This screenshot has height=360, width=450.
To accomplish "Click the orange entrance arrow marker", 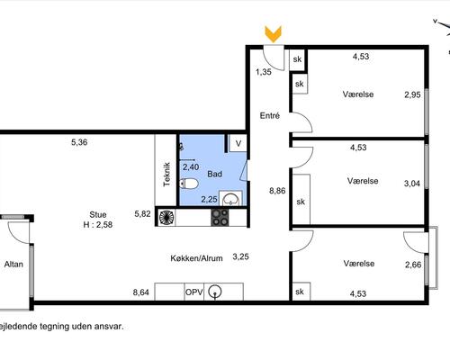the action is (273, 34).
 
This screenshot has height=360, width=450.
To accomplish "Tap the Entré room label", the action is (270, 115).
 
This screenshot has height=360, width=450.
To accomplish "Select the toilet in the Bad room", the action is (189, 184).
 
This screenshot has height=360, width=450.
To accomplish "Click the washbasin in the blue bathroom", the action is (230, 199).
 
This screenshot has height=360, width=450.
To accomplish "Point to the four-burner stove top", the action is (220, 217).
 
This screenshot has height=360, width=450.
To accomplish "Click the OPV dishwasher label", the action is (194, 292).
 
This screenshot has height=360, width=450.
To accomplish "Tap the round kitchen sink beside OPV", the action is (215, 292).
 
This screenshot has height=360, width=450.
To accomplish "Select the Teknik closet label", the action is (166, 175).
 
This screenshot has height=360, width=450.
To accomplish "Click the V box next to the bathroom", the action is (238, 143).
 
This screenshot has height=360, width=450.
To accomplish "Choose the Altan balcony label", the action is (13, 265).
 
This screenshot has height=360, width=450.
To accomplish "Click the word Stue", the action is (98, 215).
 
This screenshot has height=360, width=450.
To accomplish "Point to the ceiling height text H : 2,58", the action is (98, 225).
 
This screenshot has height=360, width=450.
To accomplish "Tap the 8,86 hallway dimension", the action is (277, 191).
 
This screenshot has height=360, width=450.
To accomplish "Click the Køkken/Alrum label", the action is (196, 258).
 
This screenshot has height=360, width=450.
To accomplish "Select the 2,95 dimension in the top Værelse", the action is (412, 94).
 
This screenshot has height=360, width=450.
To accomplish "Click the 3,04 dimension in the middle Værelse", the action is (412, 184).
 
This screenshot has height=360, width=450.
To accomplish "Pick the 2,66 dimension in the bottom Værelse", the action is (413, 265).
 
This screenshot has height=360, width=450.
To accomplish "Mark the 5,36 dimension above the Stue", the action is (79, 142).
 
